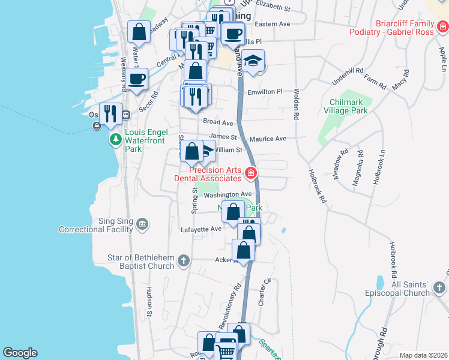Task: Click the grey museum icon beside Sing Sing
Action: click(142, 225)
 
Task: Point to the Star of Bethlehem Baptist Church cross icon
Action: click(184, 261)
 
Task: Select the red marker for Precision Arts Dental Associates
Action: click(251, 175)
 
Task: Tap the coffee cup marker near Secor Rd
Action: click(136, 79)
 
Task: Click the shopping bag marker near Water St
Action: click(139, 32)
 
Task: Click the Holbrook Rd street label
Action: click(317, 186)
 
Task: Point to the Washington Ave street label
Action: click(228, 194)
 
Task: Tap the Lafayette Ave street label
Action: click(201, 229)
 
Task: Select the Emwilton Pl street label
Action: click(265, 92)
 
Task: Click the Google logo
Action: click(20, 353)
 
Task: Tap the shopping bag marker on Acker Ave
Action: click(244, 250)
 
